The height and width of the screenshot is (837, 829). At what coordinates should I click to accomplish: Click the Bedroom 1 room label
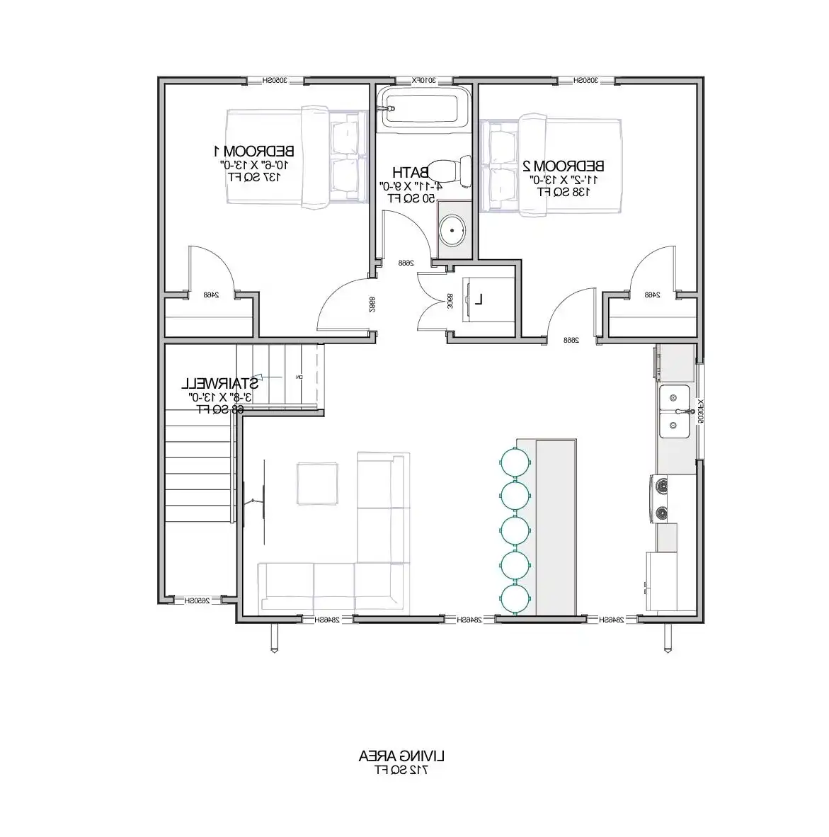(254, 151)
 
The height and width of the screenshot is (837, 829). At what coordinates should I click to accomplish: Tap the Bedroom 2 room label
(564, 166)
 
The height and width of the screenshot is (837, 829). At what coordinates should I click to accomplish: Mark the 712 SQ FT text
(402, 769)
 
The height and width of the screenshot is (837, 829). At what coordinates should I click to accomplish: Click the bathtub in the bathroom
(422, 108)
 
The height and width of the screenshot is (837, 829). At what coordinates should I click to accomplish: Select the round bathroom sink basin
(452, 230)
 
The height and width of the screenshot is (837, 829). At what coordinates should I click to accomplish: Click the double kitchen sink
(675, 411)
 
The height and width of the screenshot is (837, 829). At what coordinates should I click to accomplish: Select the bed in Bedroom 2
(551, 166)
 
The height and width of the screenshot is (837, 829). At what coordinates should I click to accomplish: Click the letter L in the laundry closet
(479, 300)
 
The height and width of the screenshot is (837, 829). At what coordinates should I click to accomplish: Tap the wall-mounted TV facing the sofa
(245, 503)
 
